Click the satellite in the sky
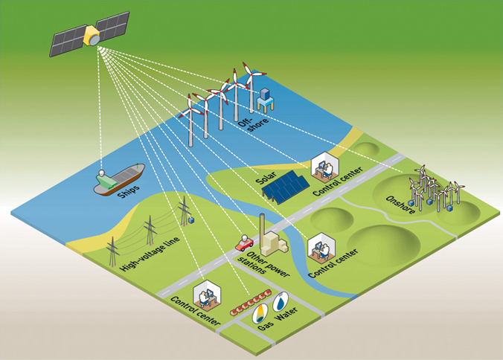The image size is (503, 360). [90, 35]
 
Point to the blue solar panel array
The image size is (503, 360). [287, 188]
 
